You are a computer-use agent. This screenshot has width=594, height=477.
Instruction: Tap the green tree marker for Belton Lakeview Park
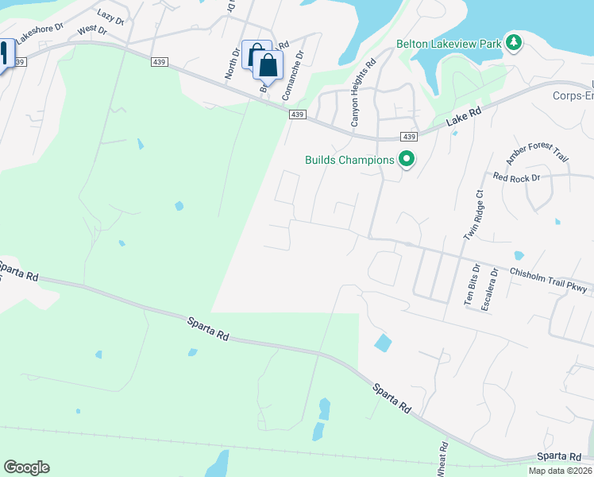click(514, 41)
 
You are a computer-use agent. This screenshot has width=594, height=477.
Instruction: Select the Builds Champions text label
click(349, 160)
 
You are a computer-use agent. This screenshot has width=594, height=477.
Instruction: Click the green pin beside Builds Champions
click(407, 160)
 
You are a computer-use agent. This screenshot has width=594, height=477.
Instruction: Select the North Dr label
click(230, 62)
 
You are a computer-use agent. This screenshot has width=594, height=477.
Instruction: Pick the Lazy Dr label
click(111, 16)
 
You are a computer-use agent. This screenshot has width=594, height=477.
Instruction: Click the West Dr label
click(91, 30)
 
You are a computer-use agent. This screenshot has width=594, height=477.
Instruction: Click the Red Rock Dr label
click(515, 177)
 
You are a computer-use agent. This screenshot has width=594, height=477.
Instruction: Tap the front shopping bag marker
click(268, 65)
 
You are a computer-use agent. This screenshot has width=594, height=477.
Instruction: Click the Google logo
click(26, 467)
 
